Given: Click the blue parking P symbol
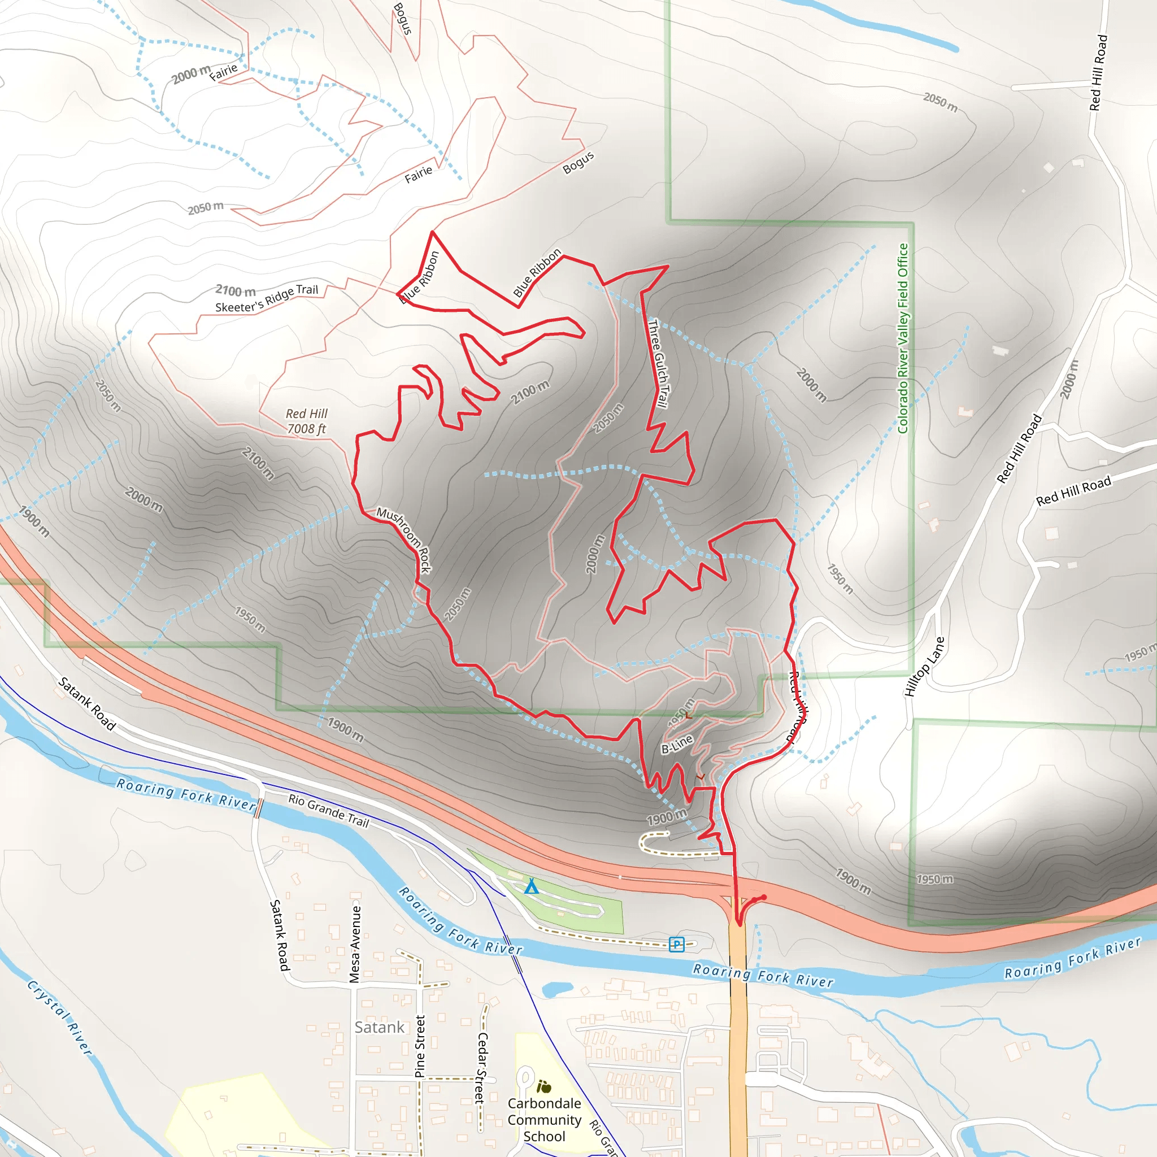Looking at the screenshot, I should pos(676,945).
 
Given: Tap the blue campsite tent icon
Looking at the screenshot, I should pos(531,886).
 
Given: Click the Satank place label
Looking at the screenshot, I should pos(379,1027).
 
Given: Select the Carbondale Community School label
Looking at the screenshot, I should pos(545,1119).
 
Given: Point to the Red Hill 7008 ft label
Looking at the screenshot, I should pos(307,421).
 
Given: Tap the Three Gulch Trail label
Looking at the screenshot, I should pos(658,363).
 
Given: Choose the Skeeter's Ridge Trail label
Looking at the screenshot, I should pos(267,298).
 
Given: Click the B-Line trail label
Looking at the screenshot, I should pos(677,744).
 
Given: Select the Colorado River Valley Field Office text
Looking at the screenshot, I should pos(903,338).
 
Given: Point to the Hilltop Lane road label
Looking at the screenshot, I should pos(924,667).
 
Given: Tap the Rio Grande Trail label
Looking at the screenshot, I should pos(328,810).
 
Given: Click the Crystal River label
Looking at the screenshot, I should pos(60,1017).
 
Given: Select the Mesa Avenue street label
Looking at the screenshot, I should pos(355,944).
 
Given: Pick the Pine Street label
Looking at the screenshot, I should pos(420,1046).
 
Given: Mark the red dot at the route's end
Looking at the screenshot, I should pos(764,897).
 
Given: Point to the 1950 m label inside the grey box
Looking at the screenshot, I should pos(935,879).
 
